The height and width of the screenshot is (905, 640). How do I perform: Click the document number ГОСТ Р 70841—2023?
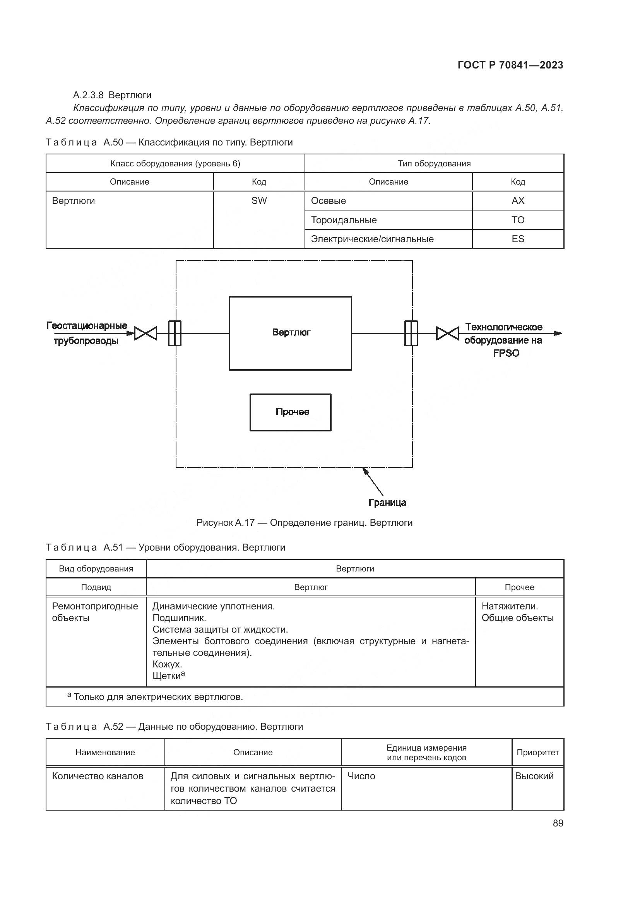[x=510, y=65]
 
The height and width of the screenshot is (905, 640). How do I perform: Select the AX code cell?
[x=517, y=201]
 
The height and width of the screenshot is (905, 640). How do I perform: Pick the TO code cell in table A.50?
[x=517, y=220]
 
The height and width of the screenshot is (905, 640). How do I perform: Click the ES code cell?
[x=517, y=239]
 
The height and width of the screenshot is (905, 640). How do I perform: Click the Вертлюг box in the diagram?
[x=291, y=333]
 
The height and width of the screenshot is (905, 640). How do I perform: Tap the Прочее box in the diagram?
[x=291, y=412]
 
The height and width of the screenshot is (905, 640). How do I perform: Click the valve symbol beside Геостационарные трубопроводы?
[x=145, y=334]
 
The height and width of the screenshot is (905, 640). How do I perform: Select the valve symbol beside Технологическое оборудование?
[x=447, y=334]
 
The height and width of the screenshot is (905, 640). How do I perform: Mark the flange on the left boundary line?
[x=175, y=334]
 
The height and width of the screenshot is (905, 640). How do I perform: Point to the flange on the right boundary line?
[x=411, y=334]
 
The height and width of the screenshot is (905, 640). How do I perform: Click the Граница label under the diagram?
[x=387, y=503]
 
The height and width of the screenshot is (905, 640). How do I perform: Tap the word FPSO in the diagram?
[x=506, y=353]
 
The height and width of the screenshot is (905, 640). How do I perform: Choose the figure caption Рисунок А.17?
[x=304, y=523]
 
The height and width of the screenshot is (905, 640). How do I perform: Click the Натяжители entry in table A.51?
[x=510, y=606]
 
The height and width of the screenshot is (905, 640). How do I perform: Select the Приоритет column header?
[x=537, y=753]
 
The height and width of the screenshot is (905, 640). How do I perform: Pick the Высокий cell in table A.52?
[x=534, y=776]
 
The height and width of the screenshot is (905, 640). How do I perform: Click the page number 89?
[x=558, y=823]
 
